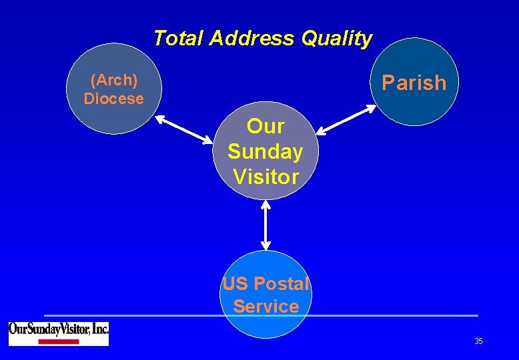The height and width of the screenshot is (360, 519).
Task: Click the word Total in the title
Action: point(178,39)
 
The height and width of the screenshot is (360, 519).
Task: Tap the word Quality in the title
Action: point(337,39)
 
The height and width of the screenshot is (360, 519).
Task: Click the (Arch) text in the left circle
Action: point(113,81)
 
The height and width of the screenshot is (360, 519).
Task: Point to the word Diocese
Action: point(113,99)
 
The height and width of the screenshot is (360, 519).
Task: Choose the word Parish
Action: point(414,83)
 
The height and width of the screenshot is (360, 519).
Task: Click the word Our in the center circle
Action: point(266,126)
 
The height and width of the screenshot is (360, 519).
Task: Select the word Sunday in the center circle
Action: point(266,151)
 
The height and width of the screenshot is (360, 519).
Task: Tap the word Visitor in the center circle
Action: point(266,177)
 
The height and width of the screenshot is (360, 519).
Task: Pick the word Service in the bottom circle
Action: point(266,307)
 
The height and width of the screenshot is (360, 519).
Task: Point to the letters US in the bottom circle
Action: point(235,284)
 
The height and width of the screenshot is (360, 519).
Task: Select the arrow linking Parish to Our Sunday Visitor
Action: point(346,121)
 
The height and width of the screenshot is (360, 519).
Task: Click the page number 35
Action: point(478,341)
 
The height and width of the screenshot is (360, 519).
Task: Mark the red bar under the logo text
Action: point(58,342)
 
